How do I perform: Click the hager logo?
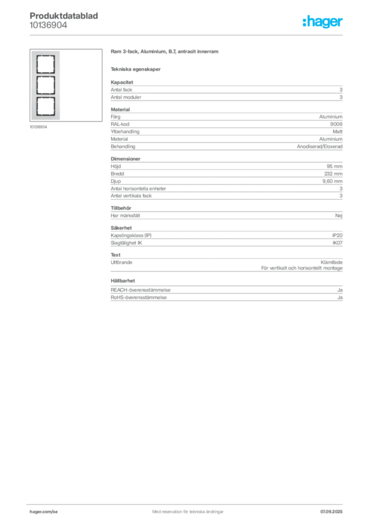(323, 21)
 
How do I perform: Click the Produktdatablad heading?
(64, 16)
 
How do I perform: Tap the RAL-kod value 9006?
(336, 124)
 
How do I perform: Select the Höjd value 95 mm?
(334, 166)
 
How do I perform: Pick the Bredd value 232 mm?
(333, 174)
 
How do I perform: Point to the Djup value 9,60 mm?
(332, 181)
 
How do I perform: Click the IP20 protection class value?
(337, 236)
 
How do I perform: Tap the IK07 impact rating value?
(337, 243)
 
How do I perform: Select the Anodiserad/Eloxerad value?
(320, 146)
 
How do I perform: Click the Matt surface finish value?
(337, 132)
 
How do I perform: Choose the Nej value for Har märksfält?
(339, 216)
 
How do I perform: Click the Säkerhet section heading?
(121, 228)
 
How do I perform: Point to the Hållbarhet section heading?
(123, 281)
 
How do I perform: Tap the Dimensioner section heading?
(125, 159)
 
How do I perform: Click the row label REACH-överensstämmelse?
(140, 290)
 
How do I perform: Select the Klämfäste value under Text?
(331, 263)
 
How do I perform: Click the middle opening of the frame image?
(45, 85)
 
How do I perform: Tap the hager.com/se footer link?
(44, 512)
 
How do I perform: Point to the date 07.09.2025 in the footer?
(331, 512)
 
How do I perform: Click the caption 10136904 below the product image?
(38, 127)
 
